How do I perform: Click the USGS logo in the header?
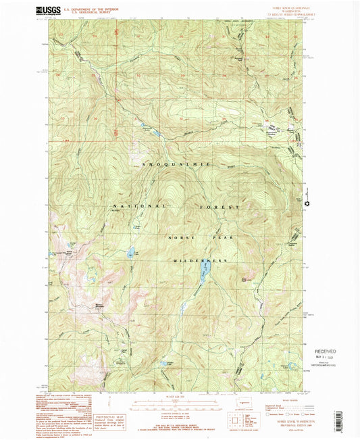pos(47,9)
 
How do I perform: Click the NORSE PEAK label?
pos(191,238)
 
